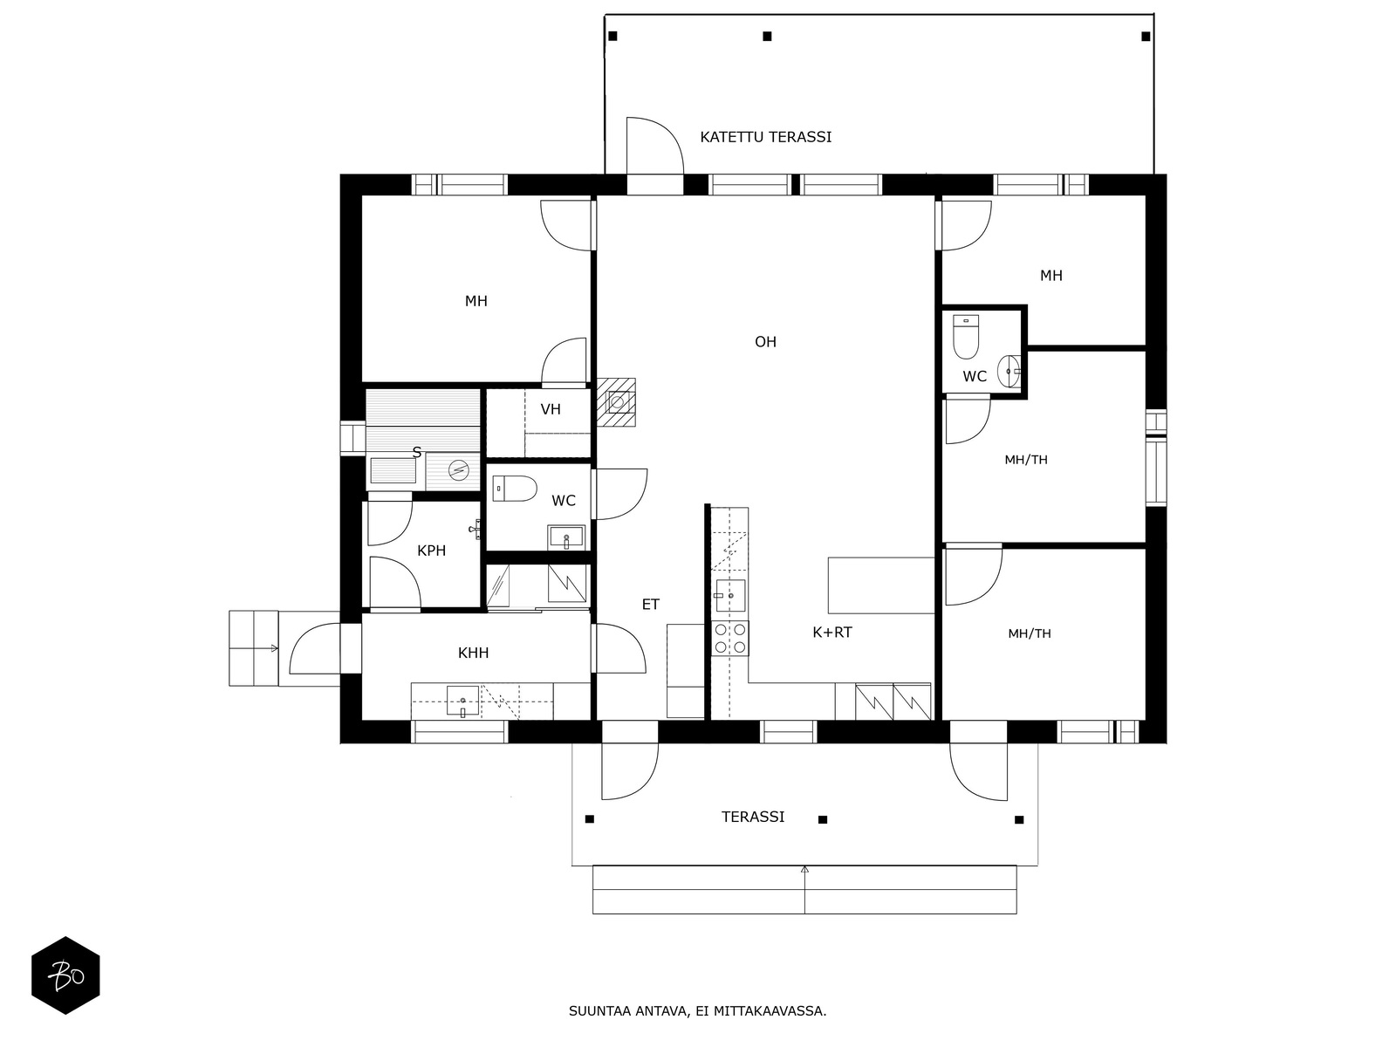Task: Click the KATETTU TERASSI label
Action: click(x=765, y=137)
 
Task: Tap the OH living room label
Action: click(x=765, y=342)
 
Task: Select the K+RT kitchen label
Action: click(x=831, y=632)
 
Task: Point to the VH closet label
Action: click(x=551, y=409)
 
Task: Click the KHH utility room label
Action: click(x=473, y=653)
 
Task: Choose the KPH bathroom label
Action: click(x=431, y=551)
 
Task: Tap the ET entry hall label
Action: click(x=651, y=604)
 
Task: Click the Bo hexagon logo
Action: click(x=65, y=975)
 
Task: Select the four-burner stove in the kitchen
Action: click(x=729, y=639)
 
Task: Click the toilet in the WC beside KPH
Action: click(x=515, y=489)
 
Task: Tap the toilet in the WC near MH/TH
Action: click(x=966, y=338)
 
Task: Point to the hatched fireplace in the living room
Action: click(x=616, y=402)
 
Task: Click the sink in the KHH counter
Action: click(x=462, y=701)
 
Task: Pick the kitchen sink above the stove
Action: click(x=730, y=596)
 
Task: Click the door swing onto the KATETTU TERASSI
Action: click(x=655, y=146)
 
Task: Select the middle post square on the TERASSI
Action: click(x=823, y=819)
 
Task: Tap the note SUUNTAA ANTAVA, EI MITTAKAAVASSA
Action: click(x=698, y=1010)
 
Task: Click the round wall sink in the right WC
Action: click(x=1009, y=371)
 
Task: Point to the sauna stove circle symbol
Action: click(x=458, y=470)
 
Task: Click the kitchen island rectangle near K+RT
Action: click(x=881, y=585)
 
